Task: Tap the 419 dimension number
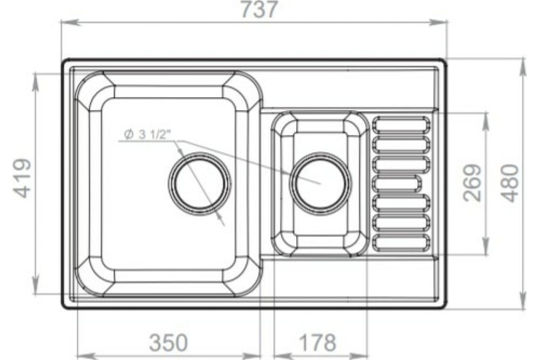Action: (22, 179)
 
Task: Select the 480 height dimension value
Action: (509, 183)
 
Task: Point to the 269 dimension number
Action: (472, 183)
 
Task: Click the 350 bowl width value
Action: (168, 342)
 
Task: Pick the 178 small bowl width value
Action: (317, 342)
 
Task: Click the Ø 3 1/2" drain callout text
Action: (147, 134)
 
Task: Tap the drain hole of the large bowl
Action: (199, 184)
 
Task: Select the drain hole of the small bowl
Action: (320, 184)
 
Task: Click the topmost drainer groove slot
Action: (401, 125)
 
